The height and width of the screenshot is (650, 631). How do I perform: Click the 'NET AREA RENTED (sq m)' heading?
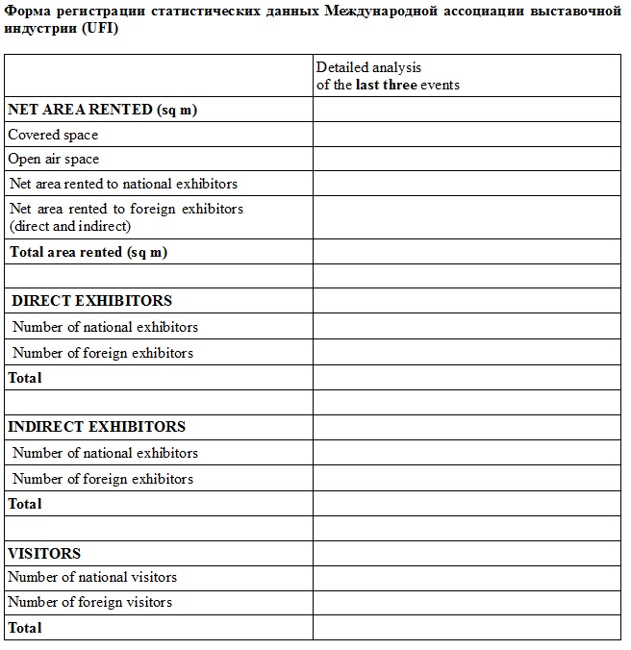102,110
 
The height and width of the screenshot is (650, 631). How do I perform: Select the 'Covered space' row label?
53,135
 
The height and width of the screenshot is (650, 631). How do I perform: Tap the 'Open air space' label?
54,159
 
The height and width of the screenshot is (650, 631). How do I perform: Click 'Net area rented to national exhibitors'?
123,184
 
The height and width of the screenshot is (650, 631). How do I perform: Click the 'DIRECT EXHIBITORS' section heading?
91,301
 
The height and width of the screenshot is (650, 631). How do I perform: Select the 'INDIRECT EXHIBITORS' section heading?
96,426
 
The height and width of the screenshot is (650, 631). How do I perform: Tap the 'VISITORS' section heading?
44,553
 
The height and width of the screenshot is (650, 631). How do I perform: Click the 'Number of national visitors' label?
92,577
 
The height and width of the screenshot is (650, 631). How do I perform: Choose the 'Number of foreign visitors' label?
90,602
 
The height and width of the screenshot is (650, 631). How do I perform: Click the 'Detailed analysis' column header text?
369,67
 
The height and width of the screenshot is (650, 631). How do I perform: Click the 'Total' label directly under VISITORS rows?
25,628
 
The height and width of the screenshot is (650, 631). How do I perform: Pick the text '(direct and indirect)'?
70,226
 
